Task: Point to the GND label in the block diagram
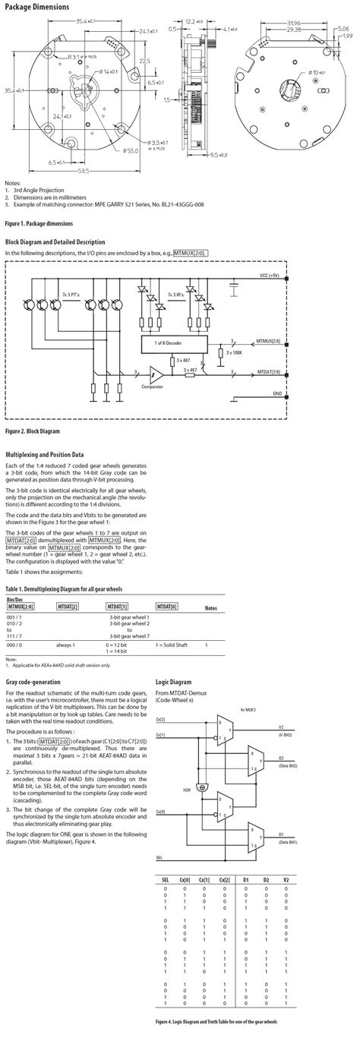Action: (x=276, y=394)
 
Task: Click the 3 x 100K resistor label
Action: (x=235, y=352)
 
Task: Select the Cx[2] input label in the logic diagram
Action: (x=161, y=718)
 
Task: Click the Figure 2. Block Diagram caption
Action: (x=32, y=431)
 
